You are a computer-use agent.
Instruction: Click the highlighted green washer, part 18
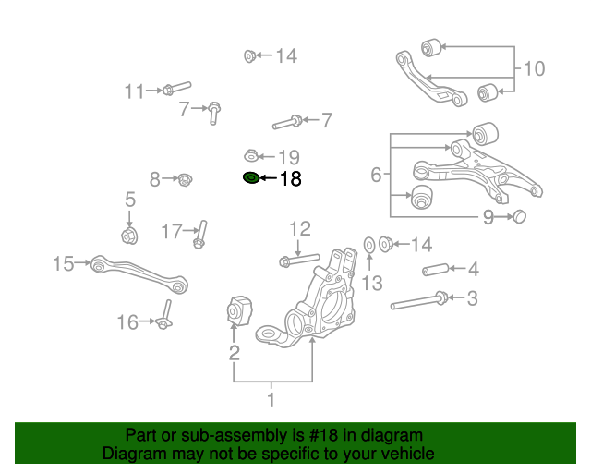click(x=250, y=178)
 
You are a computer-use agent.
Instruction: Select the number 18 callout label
click(x=290, y=179)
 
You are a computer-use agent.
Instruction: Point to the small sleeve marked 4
click(x=435, y=271)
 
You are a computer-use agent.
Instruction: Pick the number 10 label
click(x=535, y=68)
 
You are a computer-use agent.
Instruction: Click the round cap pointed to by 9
click(x=519, y=216)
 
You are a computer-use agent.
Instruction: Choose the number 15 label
click(x=63, y=265)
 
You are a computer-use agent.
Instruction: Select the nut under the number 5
click(x=130, y=236)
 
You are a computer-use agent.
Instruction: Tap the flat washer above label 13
click(x=369, y=244)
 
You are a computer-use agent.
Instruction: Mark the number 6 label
click(x=376, y=174)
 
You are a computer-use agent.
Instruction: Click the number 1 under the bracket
click(x=271, y=400)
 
